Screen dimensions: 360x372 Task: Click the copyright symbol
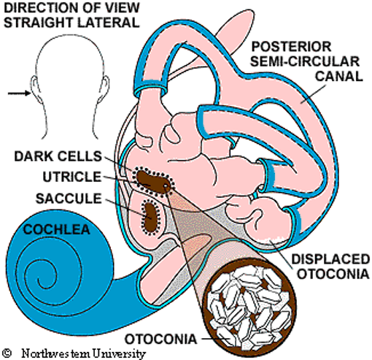(7, 352)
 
